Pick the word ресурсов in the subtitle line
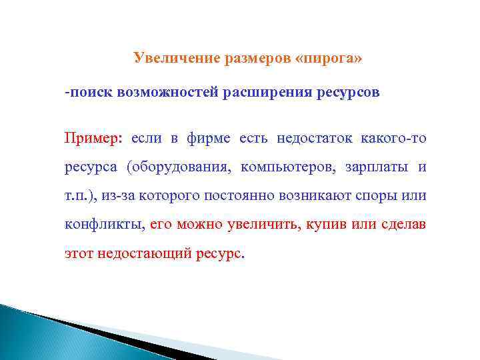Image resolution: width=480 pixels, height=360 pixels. [x=345, y=93]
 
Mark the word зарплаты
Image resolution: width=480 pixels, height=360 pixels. [x=375, y=167]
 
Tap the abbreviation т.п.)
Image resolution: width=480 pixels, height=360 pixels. [x=81, y=196]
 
